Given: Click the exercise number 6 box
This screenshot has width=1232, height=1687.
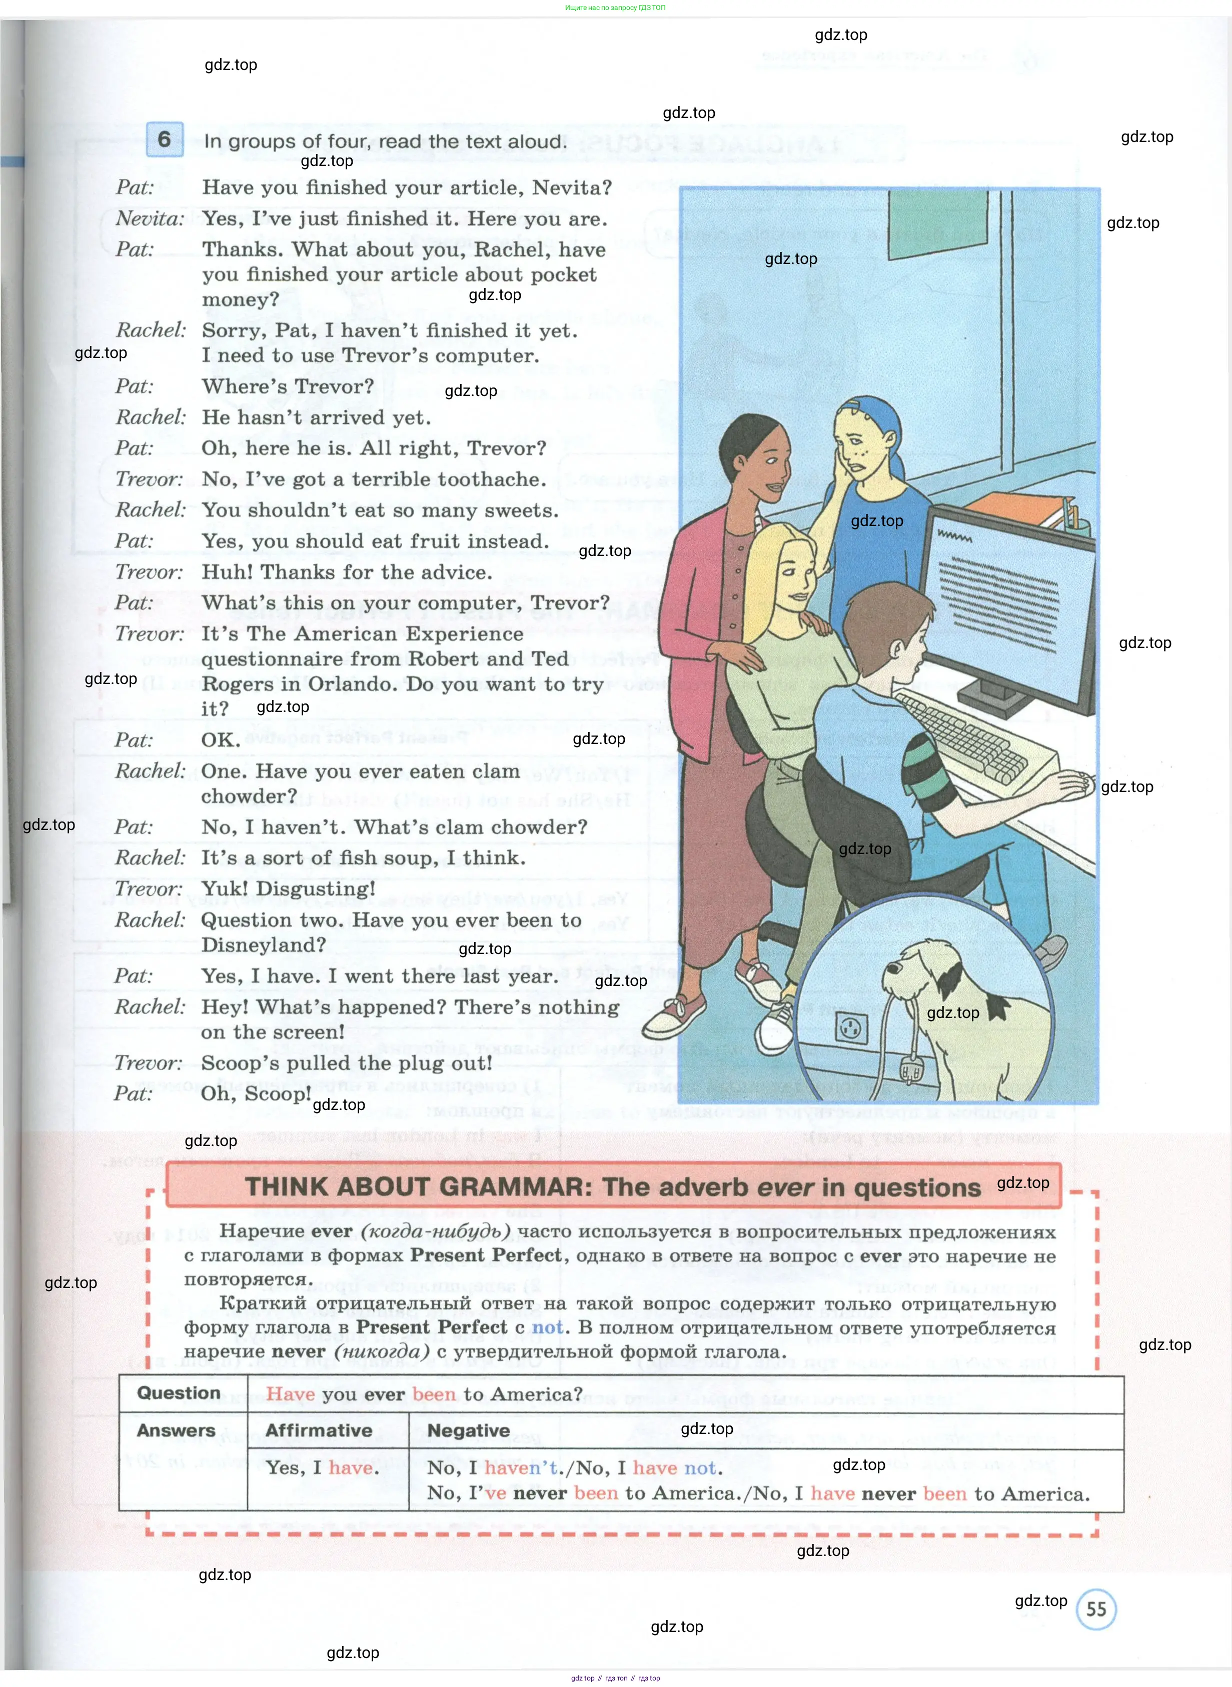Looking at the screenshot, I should tap(164, 139).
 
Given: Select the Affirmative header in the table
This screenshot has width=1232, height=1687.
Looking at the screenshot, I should tap(319, 1430).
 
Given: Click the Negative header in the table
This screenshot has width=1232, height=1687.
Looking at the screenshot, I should tap(468, 1430).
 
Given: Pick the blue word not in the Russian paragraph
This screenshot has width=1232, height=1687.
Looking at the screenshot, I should tap(547, 1327).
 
